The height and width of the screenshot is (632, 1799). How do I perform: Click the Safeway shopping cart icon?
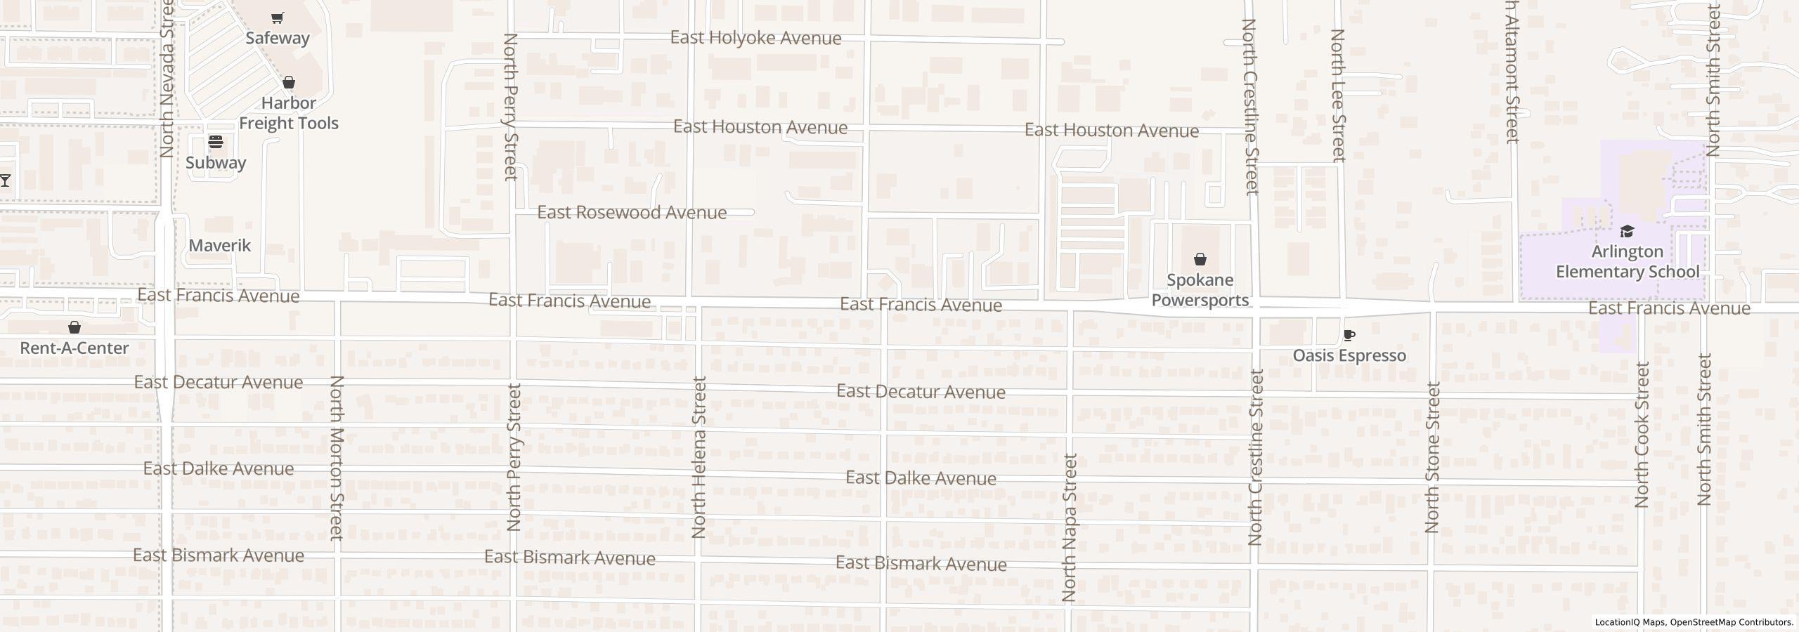(278, 18)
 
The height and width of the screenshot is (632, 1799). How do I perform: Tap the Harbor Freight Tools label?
(288, 113)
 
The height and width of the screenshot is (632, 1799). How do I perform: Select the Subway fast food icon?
(216, 142)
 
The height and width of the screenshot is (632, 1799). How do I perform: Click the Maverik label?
(220, 245)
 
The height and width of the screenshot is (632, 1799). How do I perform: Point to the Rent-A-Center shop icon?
(74, 327)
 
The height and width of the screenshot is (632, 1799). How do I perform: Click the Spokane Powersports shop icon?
(1200, 260)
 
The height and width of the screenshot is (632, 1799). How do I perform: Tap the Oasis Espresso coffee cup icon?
(1349, 336)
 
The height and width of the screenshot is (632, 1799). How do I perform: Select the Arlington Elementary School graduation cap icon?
(1627, 232)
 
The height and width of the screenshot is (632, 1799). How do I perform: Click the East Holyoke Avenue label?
(755, 38)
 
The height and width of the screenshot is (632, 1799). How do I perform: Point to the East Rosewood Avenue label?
(632, 212)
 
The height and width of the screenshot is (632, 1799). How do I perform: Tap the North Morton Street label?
(337, 458)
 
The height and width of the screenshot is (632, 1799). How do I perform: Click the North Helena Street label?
(699, 457)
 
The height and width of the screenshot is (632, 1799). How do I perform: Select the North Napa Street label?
(1069, 528)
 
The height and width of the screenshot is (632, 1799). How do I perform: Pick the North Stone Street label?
(1433, 457)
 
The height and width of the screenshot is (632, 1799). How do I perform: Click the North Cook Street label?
(1642, 435)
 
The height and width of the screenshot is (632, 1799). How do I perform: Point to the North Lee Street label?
(1338, 96)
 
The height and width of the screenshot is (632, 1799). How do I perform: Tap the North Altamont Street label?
(1512, 70)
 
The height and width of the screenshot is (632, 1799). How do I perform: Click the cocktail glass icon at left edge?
(5, 180)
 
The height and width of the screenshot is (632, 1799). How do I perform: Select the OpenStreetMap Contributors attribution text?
(1731, 622)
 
